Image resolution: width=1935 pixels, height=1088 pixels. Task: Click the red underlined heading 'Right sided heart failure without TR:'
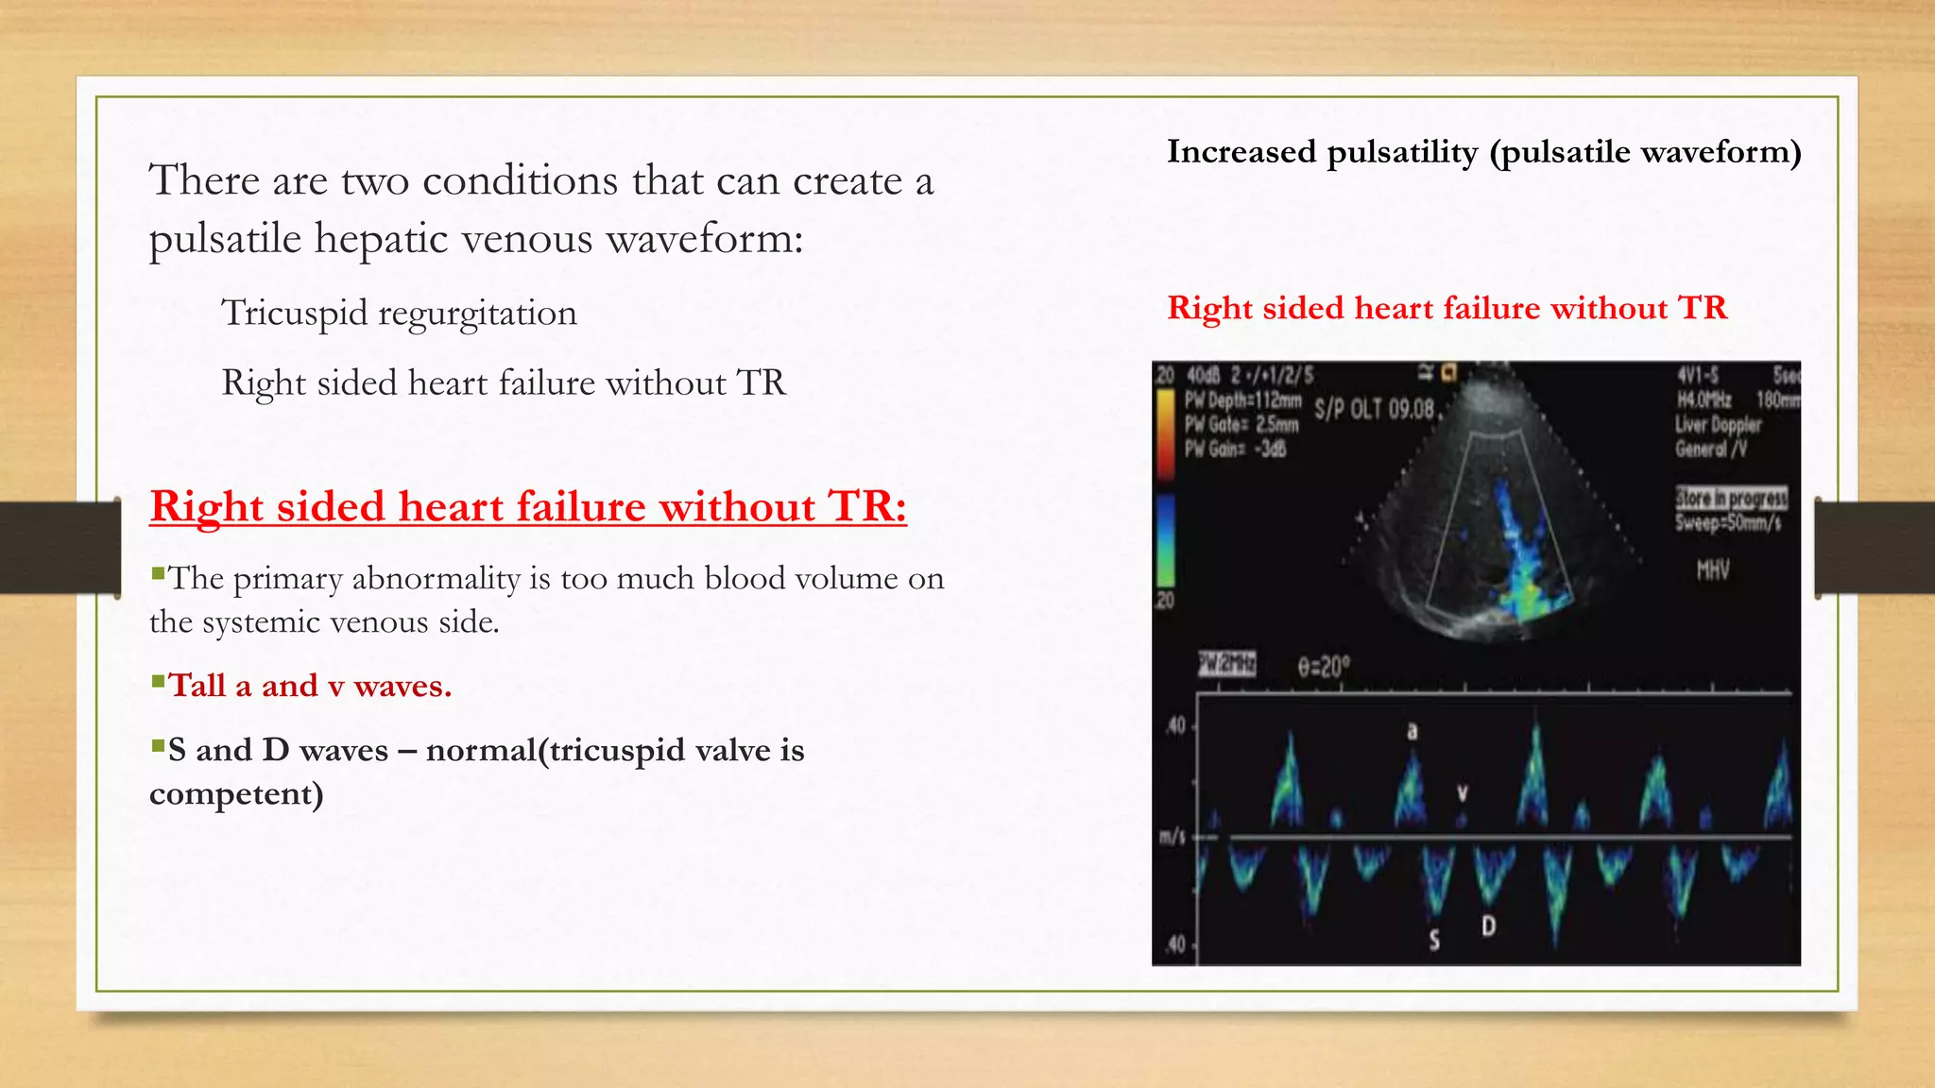click(x=527, y=507)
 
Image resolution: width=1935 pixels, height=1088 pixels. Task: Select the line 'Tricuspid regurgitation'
click(x=399, y=313)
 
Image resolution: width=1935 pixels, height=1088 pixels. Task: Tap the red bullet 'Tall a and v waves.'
click(x=310, y=686)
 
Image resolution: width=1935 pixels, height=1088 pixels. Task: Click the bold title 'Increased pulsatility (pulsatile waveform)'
click(x=1483, y=152)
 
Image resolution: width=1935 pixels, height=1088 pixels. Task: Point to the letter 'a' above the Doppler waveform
click(x=1413, y=731)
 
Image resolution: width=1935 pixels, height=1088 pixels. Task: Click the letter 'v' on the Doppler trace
click(x=1463, y=793)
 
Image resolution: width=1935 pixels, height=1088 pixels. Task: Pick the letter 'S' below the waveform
click(x=1434, y=940)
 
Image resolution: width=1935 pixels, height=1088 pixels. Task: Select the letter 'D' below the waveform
click(x=1489, y=925)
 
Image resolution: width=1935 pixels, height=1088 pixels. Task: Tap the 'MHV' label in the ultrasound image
click(x=1712, y=569)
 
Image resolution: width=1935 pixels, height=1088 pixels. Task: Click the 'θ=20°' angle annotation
click(x=1324, y=668)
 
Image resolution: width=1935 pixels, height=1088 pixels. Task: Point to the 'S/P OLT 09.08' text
click(x=1375, y=410)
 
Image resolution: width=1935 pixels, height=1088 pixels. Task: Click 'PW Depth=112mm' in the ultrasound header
click(x=1243, y=399)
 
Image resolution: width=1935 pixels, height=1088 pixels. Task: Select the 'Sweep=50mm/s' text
click(x=1728, y=523)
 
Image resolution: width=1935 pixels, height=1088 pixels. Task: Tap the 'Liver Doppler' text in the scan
click(x=1718, y=425)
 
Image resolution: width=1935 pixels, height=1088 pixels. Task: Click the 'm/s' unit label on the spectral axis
click(x=1173, y=838)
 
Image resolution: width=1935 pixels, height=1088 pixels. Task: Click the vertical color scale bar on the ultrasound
click(x=1166, y=486)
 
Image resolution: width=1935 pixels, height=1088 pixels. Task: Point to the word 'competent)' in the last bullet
click(x=236, y=794)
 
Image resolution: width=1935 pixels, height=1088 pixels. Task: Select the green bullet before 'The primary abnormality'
click(x=158, y=572)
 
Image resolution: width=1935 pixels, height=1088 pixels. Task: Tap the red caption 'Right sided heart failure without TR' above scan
click(x=1447, y=309)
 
